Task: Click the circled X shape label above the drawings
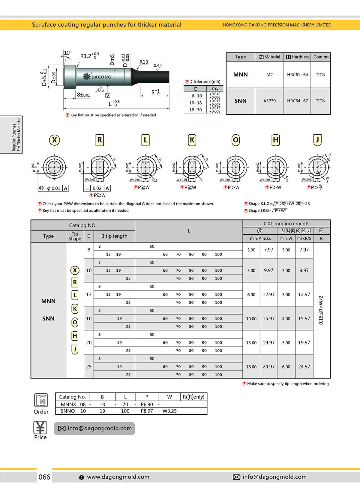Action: pyautogui.click(x=54, y=140)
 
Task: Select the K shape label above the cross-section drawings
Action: pyautogui.click(x=192, y=140)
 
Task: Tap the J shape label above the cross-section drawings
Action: pyautogui.click(x=317, y=140)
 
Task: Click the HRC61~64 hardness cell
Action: pyautogui.click(x=297, y=75)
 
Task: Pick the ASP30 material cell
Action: pyautogui.click(x=269, y=101)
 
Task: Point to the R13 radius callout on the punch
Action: pyautogui.click(x=144, y=62)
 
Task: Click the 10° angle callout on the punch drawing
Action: pyautogui.click(x=67, y=53)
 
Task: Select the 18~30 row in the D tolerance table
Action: pyautogui.click(x=196, y=110)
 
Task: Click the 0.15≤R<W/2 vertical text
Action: pyautogui.click(x=321, y=310)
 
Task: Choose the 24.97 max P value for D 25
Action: pyautogui.click(x=268, y=366)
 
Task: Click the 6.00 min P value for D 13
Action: pyautogui.click(x=251, y=294)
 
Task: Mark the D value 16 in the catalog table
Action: pyautogui.click(x=89, y=318)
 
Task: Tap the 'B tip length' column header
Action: pyautogui.click(x=114, y=236)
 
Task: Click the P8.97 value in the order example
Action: pyautogui.click(x=147, y=411)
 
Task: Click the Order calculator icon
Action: pyautogui.click(x=41, y=400)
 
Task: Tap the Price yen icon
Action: pyautogui.click(x=40, y=428)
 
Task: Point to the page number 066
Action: pyautogui.click(x=44, y=477)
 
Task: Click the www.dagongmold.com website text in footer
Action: pyautogui.click(x=118, y=477)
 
